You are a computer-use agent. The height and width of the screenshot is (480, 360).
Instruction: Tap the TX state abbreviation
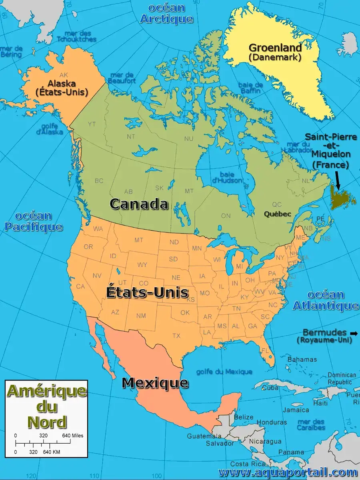tap(176, 336)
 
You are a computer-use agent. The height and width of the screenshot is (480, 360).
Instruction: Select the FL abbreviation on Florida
tap(264, 350)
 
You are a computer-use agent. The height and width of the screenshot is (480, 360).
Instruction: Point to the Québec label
tap(277, 214)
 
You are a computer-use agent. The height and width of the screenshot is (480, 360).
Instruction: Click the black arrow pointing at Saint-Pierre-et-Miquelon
tap(338, 180)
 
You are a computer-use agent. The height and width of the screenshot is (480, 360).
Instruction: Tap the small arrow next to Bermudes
tap(354, 333)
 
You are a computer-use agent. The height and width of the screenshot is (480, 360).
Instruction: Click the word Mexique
tap(155, 383)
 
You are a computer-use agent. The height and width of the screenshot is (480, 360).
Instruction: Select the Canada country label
tap(138, 204)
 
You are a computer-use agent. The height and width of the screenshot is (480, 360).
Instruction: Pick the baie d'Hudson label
tap(227, 177)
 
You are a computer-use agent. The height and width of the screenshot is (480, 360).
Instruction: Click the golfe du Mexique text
tap(224, 372)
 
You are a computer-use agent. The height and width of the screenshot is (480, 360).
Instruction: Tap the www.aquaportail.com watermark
tap(288, 472)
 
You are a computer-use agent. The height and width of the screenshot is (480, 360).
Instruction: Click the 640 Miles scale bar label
tap(72, 436)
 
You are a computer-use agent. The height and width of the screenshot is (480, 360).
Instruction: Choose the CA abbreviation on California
tap(80, 286)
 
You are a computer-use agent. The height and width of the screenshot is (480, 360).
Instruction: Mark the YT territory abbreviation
tap(92, 124)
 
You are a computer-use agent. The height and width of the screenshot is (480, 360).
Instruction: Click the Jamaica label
tap(296, 410)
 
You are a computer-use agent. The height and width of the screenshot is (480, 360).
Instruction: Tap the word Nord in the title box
tap(47, 422)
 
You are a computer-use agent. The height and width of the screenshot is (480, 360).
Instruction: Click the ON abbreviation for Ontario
tap(226, 216)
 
